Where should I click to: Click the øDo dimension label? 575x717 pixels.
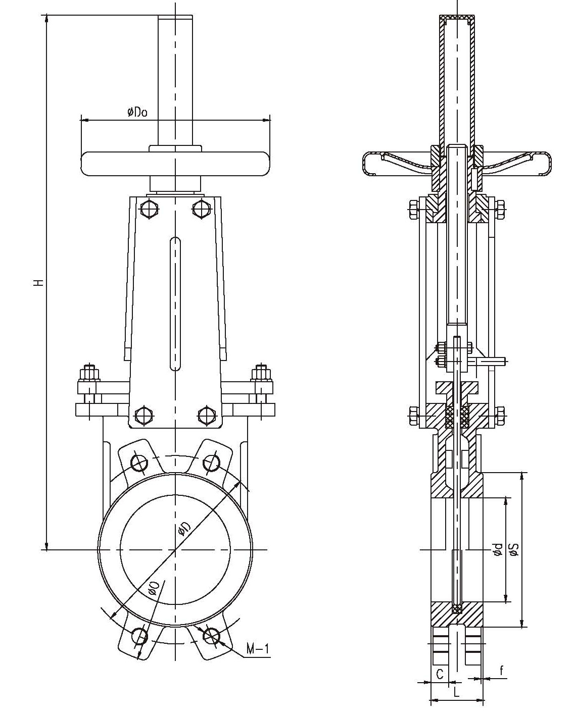[x=137, y=112]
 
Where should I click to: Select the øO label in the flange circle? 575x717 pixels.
[x=154, y=587]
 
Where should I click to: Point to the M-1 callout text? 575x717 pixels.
[x=258, y=648]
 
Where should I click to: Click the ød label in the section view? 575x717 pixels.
[x=498, y=549]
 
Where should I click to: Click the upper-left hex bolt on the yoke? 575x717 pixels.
[x=150, y=209]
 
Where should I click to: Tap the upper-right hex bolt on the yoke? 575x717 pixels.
[x=201, y=208]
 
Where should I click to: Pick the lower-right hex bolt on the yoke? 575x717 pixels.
[x=206, y=415]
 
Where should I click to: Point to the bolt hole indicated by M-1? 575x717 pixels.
[x=212, y=636]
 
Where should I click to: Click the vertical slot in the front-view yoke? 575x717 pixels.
[x=175, y=303]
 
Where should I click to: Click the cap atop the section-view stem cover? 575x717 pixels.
[x=457, y=20]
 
